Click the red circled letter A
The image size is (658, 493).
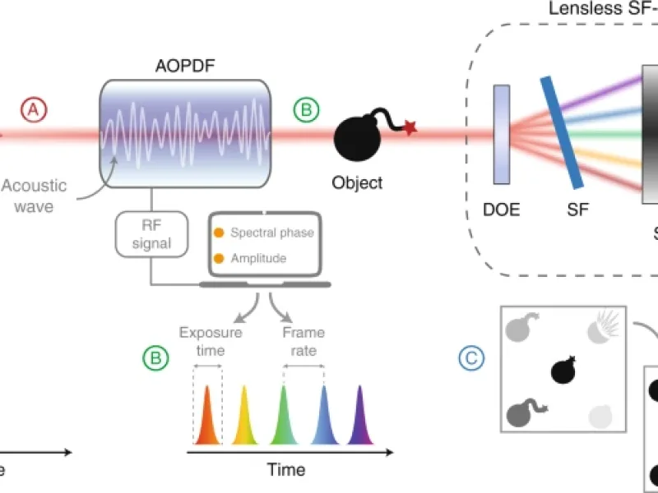click(33, 108)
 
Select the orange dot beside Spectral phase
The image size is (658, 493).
click(219, 233)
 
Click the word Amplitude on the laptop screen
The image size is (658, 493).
click(258, 258)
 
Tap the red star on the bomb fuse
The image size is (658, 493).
click(410, 127)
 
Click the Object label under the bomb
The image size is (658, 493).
click(357, 182)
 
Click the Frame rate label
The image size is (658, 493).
click(304, 341)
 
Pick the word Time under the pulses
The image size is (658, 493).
click(285, 471)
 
